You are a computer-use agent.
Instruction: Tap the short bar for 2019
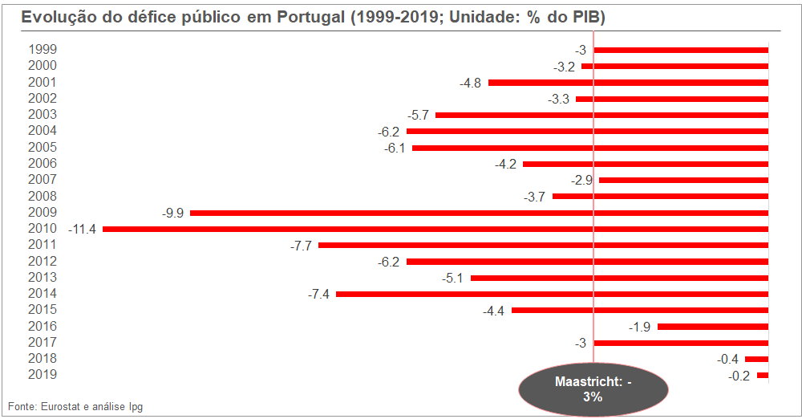coord(763,375)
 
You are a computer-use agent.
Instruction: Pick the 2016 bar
coord(713,327)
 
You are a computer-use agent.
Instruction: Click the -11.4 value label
coord(83,229)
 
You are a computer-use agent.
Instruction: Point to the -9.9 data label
coord(172,213)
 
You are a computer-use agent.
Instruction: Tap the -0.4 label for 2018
coord(727,359)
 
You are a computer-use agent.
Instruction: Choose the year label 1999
coord(42,50)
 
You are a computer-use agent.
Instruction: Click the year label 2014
coord(42,294)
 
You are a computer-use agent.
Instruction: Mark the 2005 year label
coord(42,148)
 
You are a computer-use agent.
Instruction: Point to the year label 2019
coord(42,375)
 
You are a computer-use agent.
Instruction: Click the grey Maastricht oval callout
coord(593,389)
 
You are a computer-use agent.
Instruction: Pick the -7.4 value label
coord(318,295)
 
